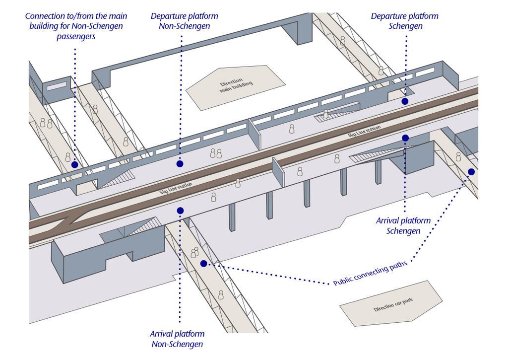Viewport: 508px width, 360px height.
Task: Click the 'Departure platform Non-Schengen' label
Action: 184,21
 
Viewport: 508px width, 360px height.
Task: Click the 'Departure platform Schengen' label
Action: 404,21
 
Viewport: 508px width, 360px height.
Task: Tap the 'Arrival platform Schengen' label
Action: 403,225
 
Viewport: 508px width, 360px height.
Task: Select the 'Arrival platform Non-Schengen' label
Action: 177,339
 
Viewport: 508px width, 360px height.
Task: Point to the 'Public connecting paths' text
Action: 370,273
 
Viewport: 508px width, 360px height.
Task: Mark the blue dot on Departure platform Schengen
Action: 405,101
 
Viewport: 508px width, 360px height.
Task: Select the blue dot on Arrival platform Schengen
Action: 405,138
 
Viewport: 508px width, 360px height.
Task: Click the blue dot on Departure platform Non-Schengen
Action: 180,164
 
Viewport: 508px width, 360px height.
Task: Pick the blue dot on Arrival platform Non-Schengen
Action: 180,211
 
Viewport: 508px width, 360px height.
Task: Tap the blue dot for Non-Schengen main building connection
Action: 74,164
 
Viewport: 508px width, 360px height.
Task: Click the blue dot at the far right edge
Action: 471,172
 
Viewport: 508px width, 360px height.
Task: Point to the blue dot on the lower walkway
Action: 203,264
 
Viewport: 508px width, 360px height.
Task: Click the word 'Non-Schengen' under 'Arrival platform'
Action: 177,344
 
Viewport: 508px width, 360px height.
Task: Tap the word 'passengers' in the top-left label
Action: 76,36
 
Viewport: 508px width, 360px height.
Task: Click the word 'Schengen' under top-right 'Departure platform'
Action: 405,26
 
